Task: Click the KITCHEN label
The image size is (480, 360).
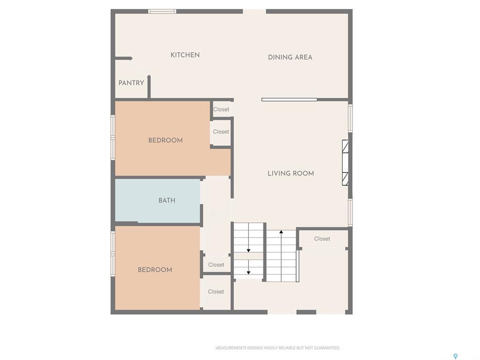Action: (x=185, y=55)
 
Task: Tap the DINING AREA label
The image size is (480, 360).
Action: (x=290, y=57)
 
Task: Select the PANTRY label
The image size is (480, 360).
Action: (x=131, y=83)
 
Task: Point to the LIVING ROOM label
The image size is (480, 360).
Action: (x=291, y=173)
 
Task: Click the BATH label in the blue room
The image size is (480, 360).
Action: (x=167, y=200)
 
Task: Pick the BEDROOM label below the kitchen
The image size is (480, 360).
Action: (x=165, y=140)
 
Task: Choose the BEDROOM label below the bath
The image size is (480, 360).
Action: (x=155, y=270)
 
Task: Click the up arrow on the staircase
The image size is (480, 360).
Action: (x=281, y=232)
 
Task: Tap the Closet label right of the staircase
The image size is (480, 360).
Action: (x=322, y=239)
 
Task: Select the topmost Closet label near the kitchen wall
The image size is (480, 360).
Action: (x=221, y=109)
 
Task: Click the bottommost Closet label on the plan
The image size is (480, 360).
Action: (x=216, y=292)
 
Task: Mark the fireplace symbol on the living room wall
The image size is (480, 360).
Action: (x=345, y=163)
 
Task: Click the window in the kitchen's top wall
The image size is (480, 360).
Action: (x=162, y=11)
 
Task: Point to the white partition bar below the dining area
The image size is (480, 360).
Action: (x=289, y=99)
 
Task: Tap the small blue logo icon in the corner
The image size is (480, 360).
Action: (x=455, y=356)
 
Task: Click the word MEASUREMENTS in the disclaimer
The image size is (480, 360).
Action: (x=232, y=348)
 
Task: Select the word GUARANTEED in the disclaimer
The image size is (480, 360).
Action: (x=326, y=348)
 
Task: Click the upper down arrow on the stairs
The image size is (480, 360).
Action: (x=248, y=250)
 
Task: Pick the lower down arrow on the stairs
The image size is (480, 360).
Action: (x=248, y=272)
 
